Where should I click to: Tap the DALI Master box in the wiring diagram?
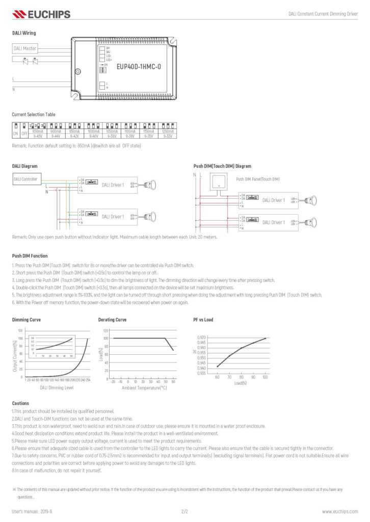(24, 48)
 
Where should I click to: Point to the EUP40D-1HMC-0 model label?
(139, 66)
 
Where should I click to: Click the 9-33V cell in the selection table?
(166, 136)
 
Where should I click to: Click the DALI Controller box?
(25, 179)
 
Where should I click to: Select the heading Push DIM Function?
(30, 255)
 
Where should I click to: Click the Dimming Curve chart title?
(27, 320)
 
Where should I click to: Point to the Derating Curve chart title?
(112, 320)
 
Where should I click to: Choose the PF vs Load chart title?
(203, 320)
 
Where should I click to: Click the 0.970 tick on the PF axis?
(202, 337)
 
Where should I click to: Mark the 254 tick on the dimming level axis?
(88, 380)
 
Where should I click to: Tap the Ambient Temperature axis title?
(144, 388)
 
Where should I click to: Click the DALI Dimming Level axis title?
(57, 388)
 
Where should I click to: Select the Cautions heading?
(20, 403)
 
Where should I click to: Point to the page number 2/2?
(184, 511)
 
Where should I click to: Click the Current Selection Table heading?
(34, 114)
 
